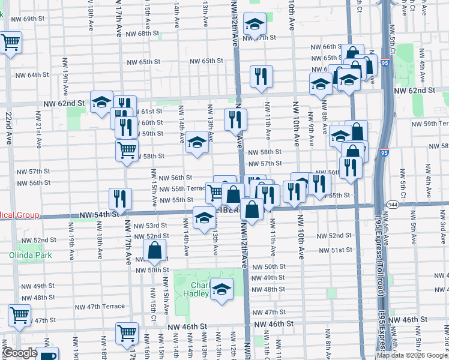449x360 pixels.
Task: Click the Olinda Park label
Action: tap(30, 254)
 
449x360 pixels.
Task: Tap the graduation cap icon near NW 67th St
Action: tap(255, 25)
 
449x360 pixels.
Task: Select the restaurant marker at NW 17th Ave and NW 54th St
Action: tap(120, 199)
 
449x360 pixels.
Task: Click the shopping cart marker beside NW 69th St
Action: tap(10, 43)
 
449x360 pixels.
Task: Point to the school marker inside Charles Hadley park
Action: tap(222, 290)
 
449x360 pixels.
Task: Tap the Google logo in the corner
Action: tap(19, 353)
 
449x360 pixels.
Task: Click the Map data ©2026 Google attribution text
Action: tap(412, 355)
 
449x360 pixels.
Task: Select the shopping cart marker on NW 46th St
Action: tap(127, 334)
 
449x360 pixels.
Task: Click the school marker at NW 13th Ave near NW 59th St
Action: tap(197, 143)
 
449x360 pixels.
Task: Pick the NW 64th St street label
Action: tap(29, 75)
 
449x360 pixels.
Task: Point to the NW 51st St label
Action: tap(334, 250)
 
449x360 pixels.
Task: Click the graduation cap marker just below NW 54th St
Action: tap(204, 218)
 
